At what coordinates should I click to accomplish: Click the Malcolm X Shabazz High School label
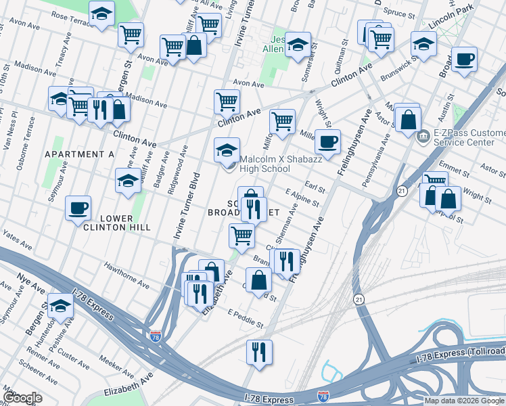pos(267,164)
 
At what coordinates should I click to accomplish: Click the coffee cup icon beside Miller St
pos(328,142)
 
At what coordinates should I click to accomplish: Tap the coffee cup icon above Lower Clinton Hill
pos(78,208)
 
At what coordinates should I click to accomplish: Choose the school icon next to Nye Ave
pos(61,306)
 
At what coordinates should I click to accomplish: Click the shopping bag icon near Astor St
pos(408,120)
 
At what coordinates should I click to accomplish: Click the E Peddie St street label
pos(245,319)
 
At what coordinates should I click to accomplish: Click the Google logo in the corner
pos(22,398)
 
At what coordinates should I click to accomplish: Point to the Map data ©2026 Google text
pos(463,401)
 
